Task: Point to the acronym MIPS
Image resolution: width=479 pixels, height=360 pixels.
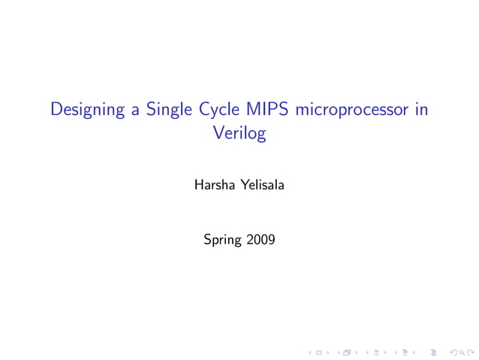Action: click(x=272, y=110)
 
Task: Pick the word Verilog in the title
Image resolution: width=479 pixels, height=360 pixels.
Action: click(x=239, y=135)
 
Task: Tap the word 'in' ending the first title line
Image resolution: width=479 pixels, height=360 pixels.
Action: click(x=421, y=110)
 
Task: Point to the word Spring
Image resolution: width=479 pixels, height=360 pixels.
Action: click(x=222, y=241)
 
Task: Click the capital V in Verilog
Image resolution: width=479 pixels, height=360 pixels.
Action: click(x=218, y=135)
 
